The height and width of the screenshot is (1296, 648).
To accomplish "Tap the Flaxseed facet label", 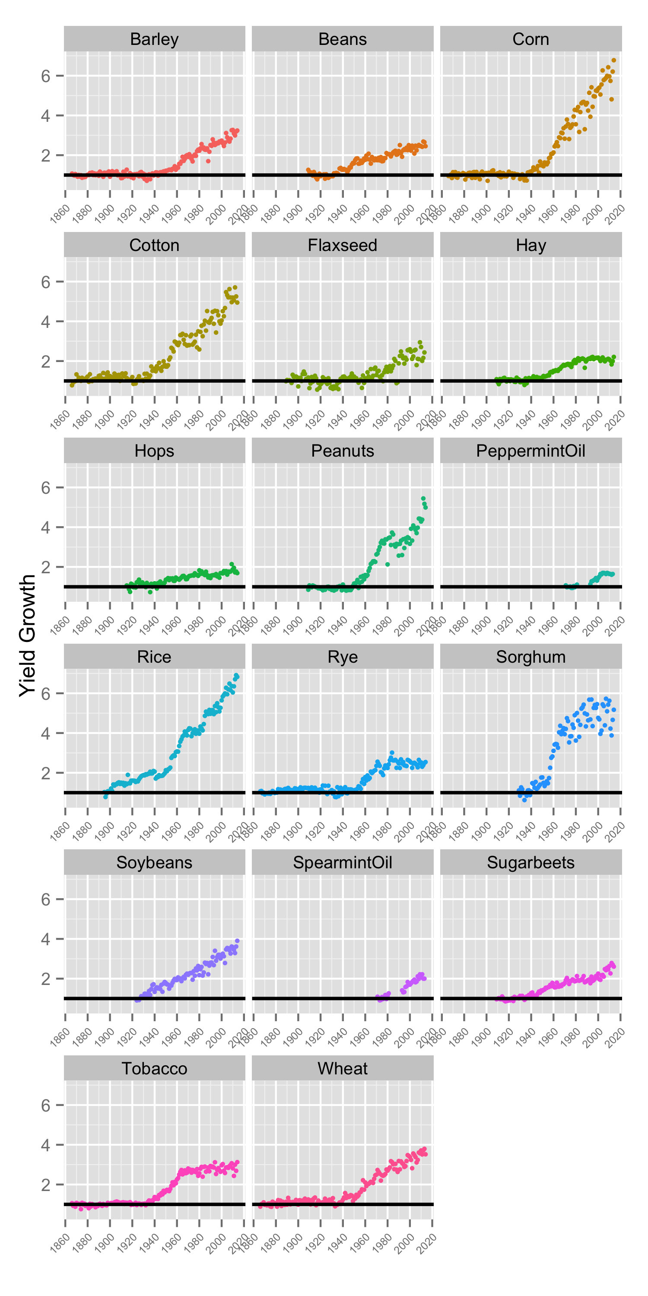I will pyautogui.click(x=342, y=245).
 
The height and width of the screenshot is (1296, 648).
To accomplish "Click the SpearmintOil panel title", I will pyautogui.click(x=342, y=862).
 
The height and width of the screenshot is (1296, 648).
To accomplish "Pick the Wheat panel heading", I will pyautogui.click(x=342, y=1068).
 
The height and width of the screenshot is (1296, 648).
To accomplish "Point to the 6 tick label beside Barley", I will pyautogui.click(x=46, y=76).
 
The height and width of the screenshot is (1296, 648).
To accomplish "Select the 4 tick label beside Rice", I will pyautogui.click(x=46, y=734).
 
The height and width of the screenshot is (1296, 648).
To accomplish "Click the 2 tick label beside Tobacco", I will pyautogui.click(x=46, y=1185).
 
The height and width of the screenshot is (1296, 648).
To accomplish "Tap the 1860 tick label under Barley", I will pyautogui.click(x=60, y=213).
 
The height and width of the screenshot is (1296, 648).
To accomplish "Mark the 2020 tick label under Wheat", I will pyautogui.click(x=427, y=1243).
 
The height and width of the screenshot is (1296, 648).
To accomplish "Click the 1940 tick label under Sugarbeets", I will pyautogui.click(x=526, y=1037).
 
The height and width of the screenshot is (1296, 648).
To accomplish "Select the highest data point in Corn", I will pyautogui.click(x=613, y=60).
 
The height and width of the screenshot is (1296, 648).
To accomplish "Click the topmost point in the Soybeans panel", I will pyautogui.click(x=237, y=941).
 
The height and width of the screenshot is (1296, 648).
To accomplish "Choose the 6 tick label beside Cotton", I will pyautogui.click(x=46, y=282).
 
